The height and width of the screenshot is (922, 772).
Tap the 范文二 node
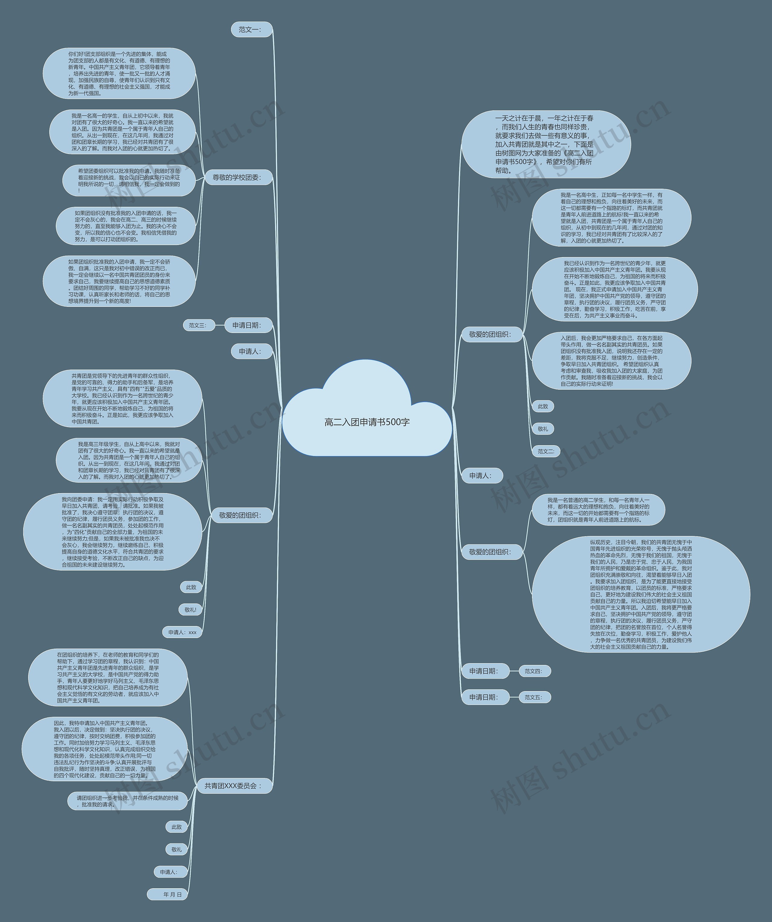[x=546, y=451]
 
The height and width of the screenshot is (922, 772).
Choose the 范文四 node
[x=534, y=683]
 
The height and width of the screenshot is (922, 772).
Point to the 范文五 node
[x=534, y=709]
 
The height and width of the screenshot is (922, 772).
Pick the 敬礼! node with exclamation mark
[x=190, y=609]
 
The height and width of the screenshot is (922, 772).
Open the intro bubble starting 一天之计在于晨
[x=545, y=144]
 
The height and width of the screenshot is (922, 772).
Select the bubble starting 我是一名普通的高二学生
[x=598, y=509]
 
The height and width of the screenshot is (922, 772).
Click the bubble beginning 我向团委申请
[x=113, y=532]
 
